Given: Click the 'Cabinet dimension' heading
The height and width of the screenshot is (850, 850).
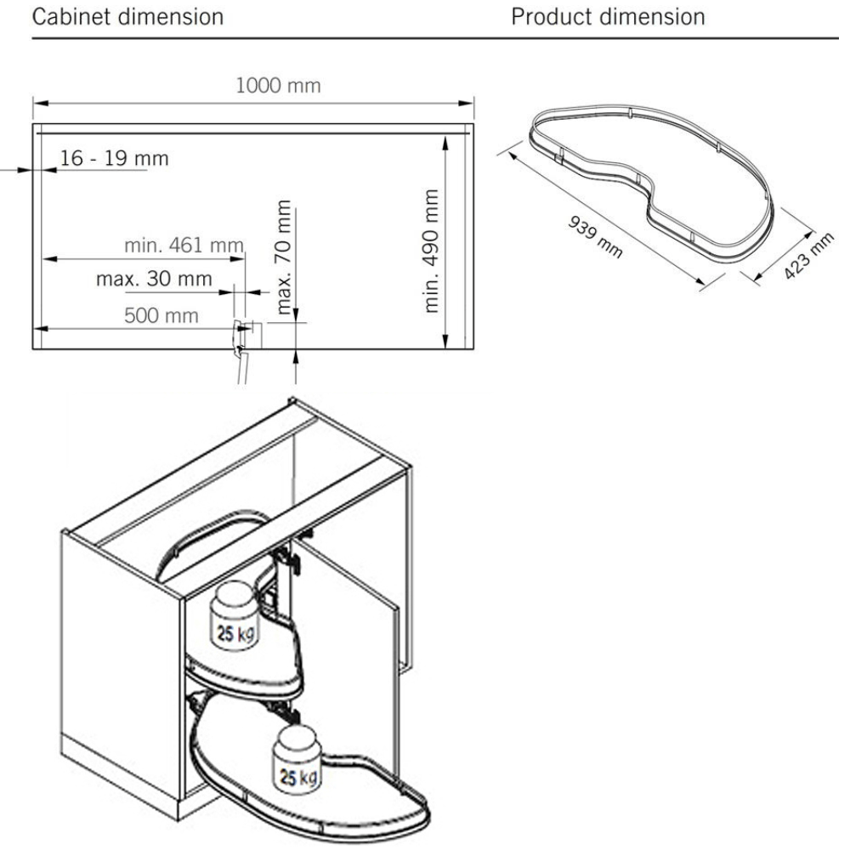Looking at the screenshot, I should click(127, 17).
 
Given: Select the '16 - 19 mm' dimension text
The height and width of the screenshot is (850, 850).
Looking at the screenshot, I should click(114, 158).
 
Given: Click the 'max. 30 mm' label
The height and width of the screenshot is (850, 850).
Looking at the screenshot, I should click(154, 279).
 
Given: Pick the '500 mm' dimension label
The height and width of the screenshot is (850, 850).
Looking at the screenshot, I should click(161, 316).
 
